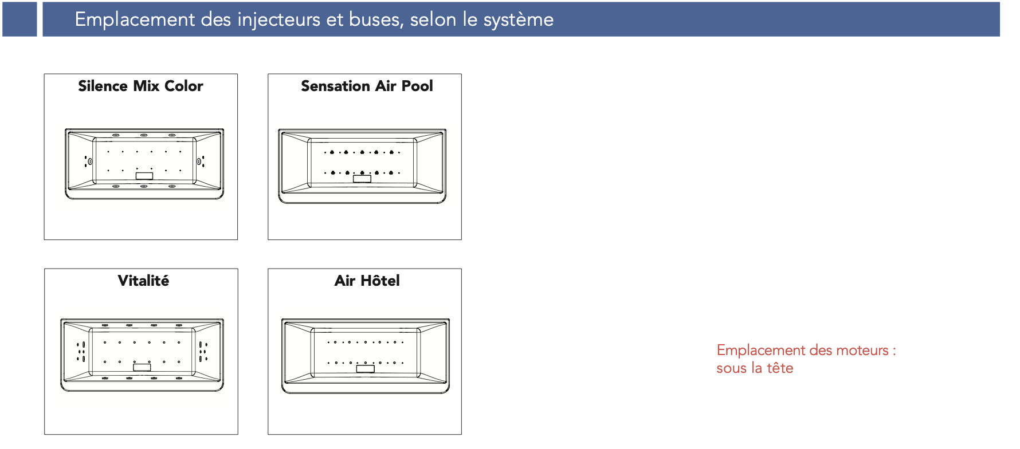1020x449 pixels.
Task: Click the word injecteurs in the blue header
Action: (279, 20)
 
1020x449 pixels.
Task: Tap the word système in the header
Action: (518, 20)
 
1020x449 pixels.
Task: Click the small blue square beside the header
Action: (19, 19)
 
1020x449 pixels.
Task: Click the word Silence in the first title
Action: (103, 86)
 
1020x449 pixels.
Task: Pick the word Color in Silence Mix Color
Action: (183, 86)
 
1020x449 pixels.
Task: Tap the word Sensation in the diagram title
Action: (335, 86)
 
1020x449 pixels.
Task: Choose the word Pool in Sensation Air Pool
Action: (417, 86)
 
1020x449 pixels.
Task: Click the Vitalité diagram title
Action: (143, 281)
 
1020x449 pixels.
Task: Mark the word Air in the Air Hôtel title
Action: (345, 281)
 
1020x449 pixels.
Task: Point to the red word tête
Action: (780, 368)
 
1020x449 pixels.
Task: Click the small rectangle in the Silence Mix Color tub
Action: (144, 176)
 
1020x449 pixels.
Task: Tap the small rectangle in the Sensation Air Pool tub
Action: (362, 179)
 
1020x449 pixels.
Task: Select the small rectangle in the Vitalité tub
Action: (142, 367)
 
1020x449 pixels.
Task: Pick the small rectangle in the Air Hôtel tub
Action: (365, 369)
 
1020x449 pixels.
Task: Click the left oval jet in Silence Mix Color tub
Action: (90, 162)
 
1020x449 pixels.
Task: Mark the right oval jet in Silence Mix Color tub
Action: (199, 162)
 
